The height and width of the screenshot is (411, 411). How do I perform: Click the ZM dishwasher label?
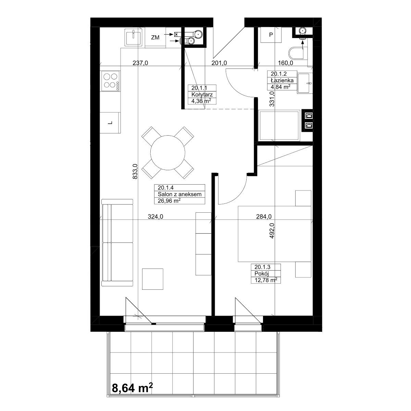(155, 38)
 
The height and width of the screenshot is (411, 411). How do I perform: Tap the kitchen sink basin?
(133, 38)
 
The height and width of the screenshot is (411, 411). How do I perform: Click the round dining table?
(167, 153)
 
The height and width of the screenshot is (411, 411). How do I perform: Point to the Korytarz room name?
(202, 95)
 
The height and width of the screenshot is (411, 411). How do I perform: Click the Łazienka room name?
(282, 80)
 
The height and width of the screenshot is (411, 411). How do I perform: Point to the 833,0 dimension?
(135, 171)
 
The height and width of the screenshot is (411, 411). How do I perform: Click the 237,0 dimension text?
(140, 63)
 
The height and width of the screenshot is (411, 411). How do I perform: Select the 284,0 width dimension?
(264, 216)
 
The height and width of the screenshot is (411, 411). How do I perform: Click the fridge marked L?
(110, 123)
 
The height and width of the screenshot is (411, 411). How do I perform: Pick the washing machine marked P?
(271, 35)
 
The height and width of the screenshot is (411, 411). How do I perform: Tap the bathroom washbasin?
(304, 83)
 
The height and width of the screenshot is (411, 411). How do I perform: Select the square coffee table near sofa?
(153, 279)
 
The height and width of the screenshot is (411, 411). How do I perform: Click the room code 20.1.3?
(262, 267)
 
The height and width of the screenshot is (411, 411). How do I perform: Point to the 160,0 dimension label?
(285, 63)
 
